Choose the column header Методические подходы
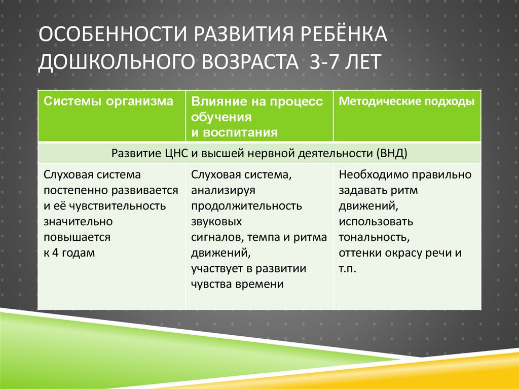click(406, 101)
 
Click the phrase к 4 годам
click(69, 253)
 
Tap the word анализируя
click(223, 190)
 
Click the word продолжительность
click(246, 206)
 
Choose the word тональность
click(374, 237)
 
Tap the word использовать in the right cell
click(376, 222)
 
